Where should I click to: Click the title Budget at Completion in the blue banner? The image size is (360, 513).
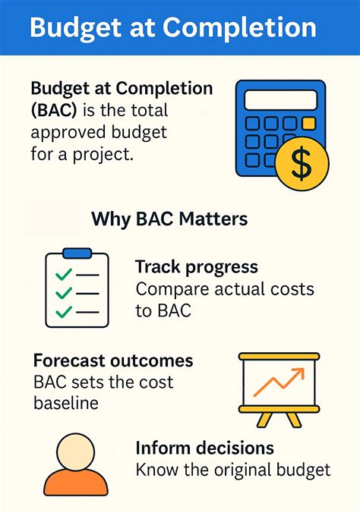(x=172, y=28)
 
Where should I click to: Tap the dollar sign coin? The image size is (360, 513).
(x=302, y=167)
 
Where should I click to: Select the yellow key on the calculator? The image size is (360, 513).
(x=308, y=123)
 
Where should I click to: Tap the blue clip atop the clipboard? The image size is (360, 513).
(x=77, y=253)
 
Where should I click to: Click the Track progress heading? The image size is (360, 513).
(x=197, y=268)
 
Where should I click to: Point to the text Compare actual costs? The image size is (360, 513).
(x=224, y=289)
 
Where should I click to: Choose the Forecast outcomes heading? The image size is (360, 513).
(x=113, y=360)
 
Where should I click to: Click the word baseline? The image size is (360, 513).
(x=66, y=403)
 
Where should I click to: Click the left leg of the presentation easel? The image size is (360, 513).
(x=262, y=420)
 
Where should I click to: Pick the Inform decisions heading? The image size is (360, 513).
(x=204, y=448)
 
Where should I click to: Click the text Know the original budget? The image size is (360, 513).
(x=233, y=470)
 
